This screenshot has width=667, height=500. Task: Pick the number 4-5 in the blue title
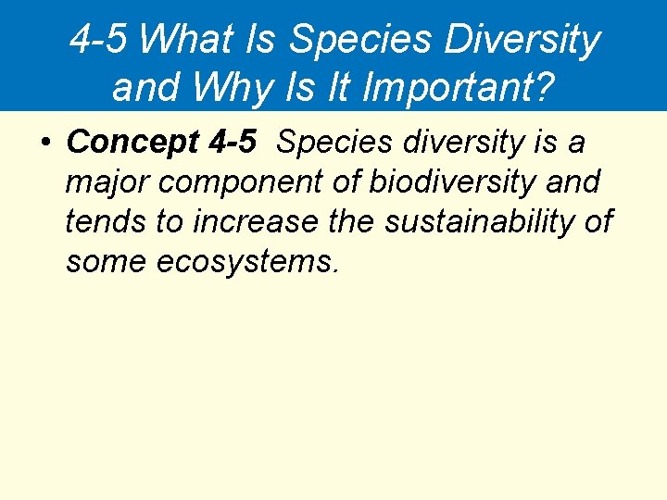coord(100,40)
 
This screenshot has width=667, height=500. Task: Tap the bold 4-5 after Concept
coord(233,143)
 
